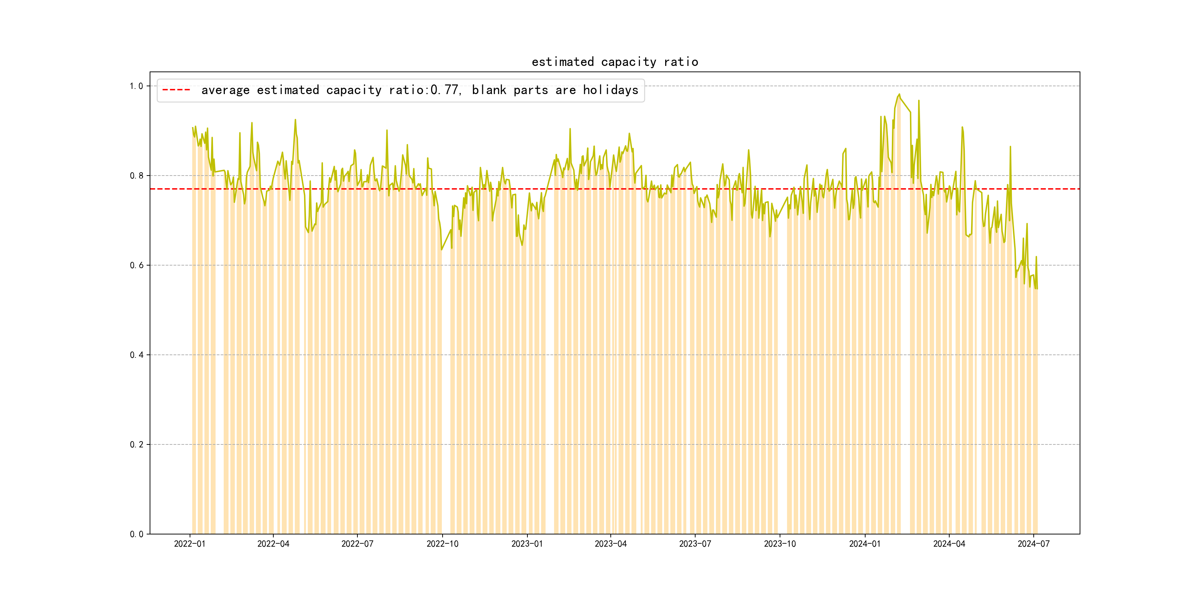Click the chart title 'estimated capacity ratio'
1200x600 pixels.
(614, 62)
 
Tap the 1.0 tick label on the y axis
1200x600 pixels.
(136, 86)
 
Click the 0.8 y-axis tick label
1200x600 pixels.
(136, 176)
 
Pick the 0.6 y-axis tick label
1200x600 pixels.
(136, 266)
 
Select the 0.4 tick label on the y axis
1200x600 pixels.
(136, 355)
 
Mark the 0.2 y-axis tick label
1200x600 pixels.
(136, 444)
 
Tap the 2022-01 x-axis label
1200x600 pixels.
(190, 544)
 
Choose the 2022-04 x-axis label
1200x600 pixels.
(273, 544)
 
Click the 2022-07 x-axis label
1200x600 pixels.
(357, 544)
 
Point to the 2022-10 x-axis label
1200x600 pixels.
(442, 544)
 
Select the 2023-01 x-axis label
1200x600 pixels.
(527, 544)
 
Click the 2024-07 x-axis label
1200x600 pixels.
(1033, 544)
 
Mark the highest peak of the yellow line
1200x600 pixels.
(899, 94)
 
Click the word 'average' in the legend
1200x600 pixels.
(226, 90)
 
